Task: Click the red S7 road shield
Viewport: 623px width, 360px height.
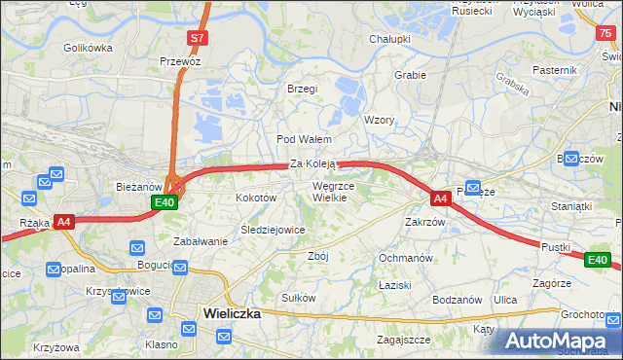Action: [x=197, y=38]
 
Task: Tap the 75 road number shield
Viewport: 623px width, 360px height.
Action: [x=605, y=32]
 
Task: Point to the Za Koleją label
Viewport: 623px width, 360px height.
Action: [x=312, y=164]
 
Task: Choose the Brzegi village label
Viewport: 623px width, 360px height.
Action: [x=303, y=89]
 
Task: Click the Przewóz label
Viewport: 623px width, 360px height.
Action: [x=180, y=60]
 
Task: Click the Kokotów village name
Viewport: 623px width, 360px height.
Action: [x=257, y=198]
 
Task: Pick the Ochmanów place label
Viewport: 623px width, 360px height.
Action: [x=405, y=258]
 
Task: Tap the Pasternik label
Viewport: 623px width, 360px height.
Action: [x=555, y=70]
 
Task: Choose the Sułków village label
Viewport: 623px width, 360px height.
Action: [x=298, y=297]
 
